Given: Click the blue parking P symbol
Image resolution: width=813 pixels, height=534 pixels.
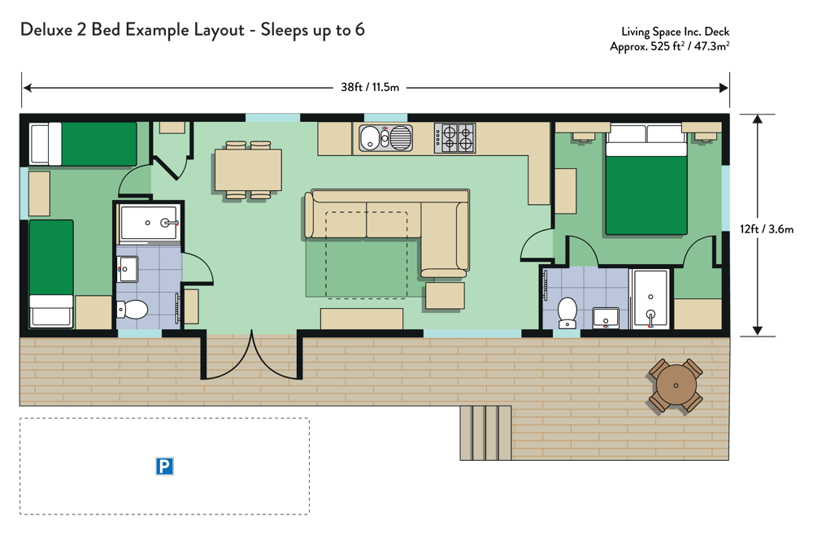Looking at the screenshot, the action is point(164,466).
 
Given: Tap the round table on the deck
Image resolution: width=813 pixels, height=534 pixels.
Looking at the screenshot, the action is point(676,385).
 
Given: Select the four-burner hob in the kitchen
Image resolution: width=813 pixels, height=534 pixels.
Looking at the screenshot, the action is point(454,138).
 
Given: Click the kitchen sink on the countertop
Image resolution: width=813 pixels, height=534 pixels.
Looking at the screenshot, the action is point(385,138).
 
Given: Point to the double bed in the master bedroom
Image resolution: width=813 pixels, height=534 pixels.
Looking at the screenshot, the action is point(646,180).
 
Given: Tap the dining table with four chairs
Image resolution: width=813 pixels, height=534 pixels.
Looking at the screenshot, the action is point(248,170).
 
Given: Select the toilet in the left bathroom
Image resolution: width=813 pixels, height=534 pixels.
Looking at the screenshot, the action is point(132,310).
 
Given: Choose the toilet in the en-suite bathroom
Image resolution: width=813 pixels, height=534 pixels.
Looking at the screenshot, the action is point(567,312).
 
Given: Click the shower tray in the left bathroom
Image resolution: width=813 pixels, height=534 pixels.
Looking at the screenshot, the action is point(150,223).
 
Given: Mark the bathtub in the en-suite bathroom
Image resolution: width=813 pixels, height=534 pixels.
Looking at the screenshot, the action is point(650,299).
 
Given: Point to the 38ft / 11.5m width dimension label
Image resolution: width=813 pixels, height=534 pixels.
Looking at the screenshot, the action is point(370,87).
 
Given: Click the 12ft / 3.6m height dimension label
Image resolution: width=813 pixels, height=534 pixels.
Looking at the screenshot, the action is point(767,228).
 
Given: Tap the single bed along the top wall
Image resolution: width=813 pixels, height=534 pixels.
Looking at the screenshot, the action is point(83,144).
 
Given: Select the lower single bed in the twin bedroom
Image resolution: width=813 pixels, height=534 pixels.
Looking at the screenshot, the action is point(51,274).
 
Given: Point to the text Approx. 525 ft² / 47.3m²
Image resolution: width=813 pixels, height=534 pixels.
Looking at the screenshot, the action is point(669,46).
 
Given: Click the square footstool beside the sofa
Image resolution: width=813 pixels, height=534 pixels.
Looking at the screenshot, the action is point(445,296).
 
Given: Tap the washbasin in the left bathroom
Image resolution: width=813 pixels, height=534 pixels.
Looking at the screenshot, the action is point(128,269).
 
